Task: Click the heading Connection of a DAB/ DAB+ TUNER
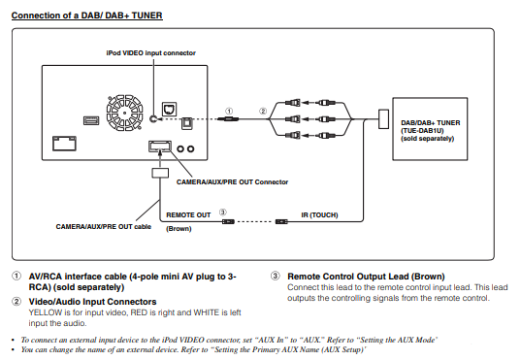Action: coord(86,16)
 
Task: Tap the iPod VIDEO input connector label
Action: coord(150,53)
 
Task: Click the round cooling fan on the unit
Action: coord(124,113)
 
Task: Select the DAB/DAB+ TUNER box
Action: coord(430,129)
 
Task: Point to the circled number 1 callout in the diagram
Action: coord(229,111)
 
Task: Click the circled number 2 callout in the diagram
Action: coord(263,111)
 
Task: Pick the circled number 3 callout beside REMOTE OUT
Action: coord(222,213)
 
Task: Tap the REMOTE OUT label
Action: coord(188,215)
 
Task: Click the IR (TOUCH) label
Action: coord(319,215)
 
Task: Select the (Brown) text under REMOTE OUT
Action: coord(179,229)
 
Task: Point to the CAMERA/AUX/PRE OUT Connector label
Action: coord(232,182)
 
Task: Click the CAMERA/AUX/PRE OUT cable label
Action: coord(104,227)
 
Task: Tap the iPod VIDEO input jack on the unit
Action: coord(153,118)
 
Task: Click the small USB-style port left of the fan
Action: coord(91,120)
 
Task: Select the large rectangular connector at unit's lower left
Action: coord(64,144)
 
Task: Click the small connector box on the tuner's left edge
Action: coord(384,119)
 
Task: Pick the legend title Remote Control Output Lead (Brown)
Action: coord(366,277)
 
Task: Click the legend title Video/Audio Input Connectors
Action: coord(92,302)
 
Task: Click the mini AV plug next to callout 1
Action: coord(228,118)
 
